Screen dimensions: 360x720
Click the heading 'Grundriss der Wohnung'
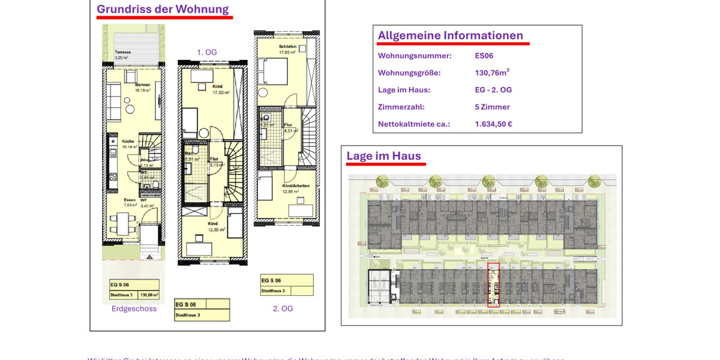pyautogui.click(x=163, y=10)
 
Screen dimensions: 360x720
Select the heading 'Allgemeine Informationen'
pyautogui.click(x=450, y=35)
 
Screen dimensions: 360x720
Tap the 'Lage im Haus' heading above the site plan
pyautogui.click(x=383, y=156)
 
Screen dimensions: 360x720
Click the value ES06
pyautogui.click(x=484, y=56)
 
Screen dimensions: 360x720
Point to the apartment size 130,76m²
pyautogui.click(x=492, y=73)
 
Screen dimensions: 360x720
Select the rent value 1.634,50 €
pyautogui.click(x=493, y=124)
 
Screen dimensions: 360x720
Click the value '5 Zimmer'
pyautogui.click(x=492, y=107)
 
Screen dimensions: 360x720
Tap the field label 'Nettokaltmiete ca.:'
pyautogui.click(x=414, y=124)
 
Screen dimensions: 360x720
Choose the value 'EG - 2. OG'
pyautogui.click(x=493, y=90)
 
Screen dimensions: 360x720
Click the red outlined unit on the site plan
pyautogui.click(x=493, y=285)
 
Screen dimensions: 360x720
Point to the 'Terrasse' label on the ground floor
pyautogui.click(x=123, y=52)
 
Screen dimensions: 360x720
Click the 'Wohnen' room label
pyautogui.click(x=142, y=85)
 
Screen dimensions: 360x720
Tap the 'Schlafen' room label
pyautogui.click(x=288, y=47)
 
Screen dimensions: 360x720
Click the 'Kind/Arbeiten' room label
pyautogui.click(x=296, y=186)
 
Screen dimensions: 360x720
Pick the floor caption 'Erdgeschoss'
pyautogui.click(x=134, y=309)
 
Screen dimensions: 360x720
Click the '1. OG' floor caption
pyautogui.click(x=207, y=52)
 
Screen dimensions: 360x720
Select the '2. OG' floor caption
pyautogui.click(x=283, y=309)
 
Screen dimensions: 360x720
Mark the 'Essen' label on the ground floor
pyautogui.click(x=130, y=200)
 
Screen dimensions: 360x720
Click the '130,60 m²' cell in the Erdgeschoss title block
pyautogui.click(x=149, y=295)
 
